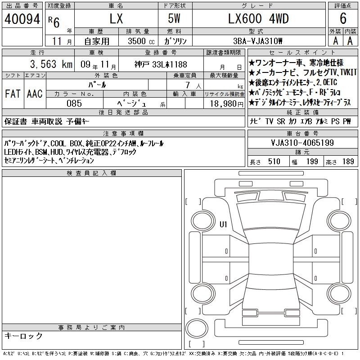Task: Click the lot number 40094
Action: pyautogui.click(x=22, y=19)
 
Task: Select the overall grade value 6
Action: pyautogui.click(x=343, y=18)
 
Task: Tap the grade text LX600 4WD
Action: pyautogui.click(x=258, y=18)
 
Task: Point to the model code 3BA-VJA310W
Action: pyautogui.click(x=257, y=41)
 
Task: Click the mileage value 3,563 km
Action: pyautogui.click(x=51, y=64)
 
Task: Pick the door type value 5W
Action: pyautogui.click(x=174, y=18)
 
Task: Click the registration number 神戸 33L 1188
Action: pyautogui.click(x=161, y=64)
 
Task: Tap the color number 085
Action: pyautogui.click(x=74, y=103)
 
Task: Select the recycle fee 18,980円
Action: pyautogui.click(x=227, y=104)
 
